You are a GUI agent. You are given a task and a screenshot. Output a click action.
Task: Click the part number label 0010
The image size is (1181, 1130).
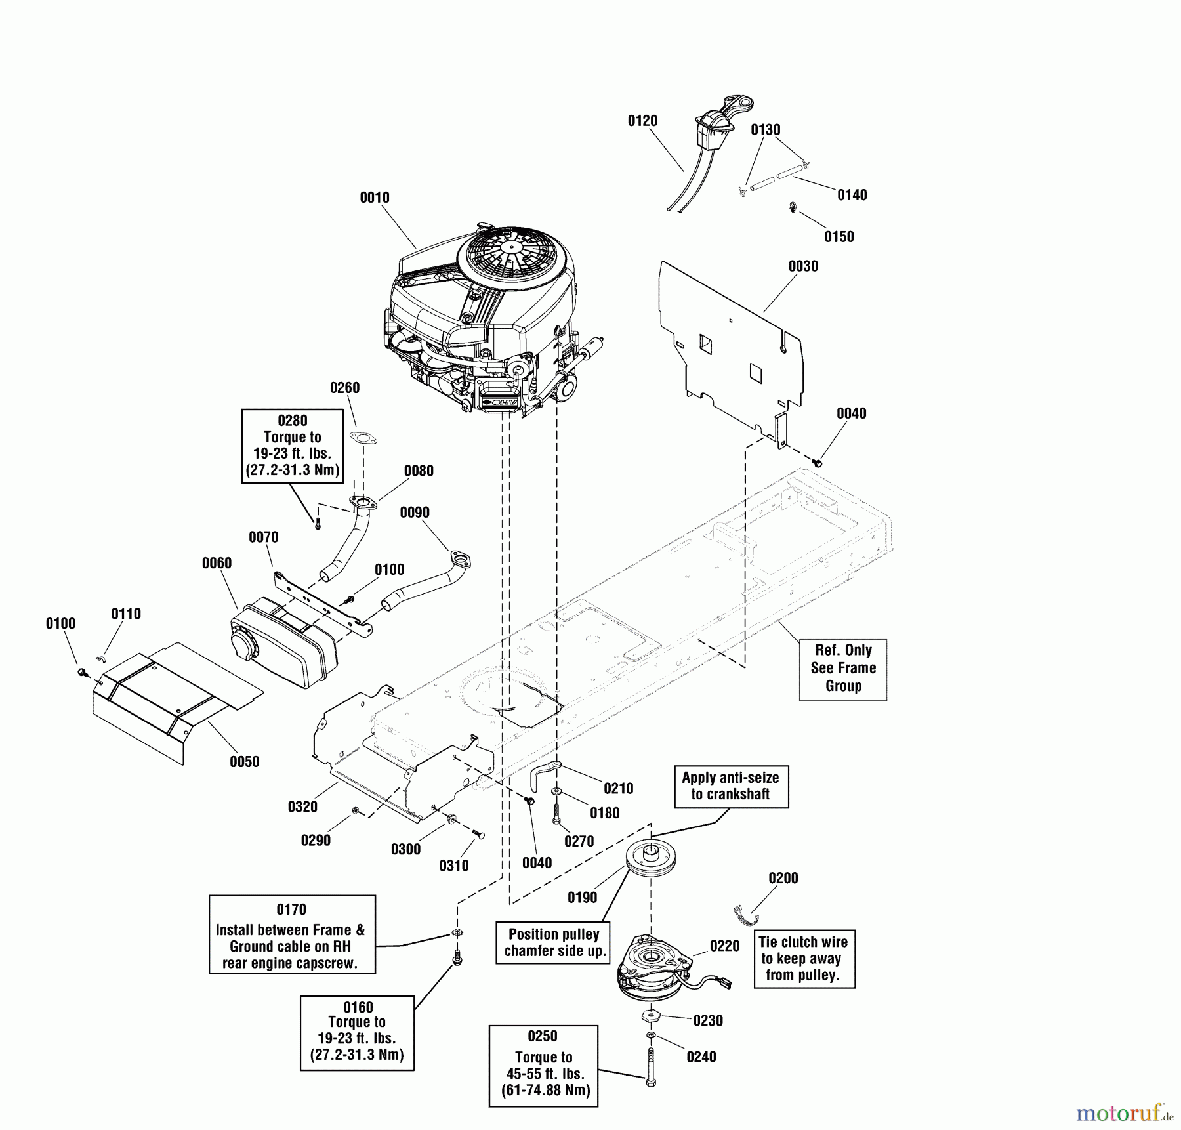click(x=375, y=198)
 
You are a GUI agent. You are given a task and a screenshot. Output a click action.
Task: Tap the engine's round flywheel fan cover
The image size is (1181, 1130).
click(x=512, y=253)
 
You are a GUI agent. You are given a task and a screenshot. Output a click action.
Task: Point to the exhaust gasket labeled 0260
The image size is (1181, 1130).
click(x=363, y=438)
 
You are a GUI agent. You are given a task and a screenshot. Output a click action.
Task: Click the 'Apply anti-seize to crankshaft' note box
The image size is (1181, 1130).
click(x=730, y=786)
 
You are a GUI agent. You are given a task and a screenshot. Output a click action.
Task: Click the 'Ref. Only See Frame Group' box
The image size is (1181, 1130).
click(x=843, y=669)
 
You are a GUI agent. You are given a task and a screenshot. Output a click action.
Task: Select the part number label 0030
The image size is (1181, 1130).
click(x=803, y=266)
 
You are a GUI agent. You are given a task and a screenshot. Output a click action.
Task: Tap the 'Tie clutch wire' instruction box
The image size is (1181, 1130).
click(x=804, y=959)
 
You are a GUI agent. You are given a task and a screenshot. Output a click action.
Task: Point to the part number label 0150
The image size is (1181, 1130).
click(x=839, y=237)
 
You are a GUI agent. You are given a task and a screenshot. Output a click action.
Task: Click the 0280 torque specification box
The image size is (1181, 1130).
click(x=293, y=446)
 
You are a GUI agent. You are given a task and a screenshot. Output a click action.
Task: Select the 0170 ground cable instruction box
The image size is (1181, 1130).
click(x=292, y=934)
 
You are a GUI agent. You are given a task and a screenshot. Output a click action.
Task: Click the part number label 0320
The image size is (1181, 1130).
click(x=302, y=807)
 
